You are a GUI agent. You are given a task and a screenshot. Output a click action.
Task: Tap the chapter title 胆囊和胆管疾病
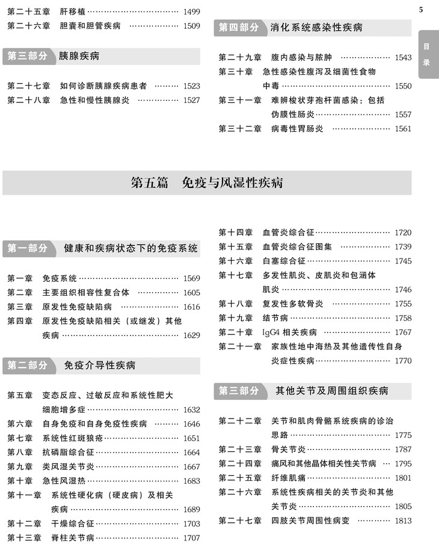[90, 26]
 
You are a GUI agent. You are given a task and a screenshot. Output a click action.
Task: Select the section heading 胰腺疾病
[79, 56]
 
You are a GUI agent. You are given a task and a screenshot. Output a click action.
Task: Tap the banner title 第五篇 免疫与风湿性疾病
[207, 183]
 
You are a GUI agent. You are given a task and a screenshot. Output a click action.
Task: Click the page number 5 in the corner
[421, 9]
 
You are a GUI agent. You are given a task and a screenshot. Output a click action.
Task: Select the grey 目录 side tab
[426, 54]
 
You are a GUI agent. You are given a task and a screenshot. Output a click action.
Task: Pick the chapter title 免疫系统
[60, 278]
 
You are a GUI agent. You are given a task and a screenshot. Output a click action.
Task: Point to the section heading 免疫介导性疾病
[99, 366]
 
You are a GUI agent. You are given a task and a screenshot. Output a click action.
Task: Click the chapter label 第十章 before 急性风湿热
[20, 481]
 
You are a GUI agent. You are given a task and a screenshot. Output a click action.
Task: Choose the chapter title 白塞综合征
[284, 261]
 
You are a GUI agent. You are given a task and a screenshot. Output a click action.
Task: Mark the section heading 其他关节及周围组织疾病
[331, 391]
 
